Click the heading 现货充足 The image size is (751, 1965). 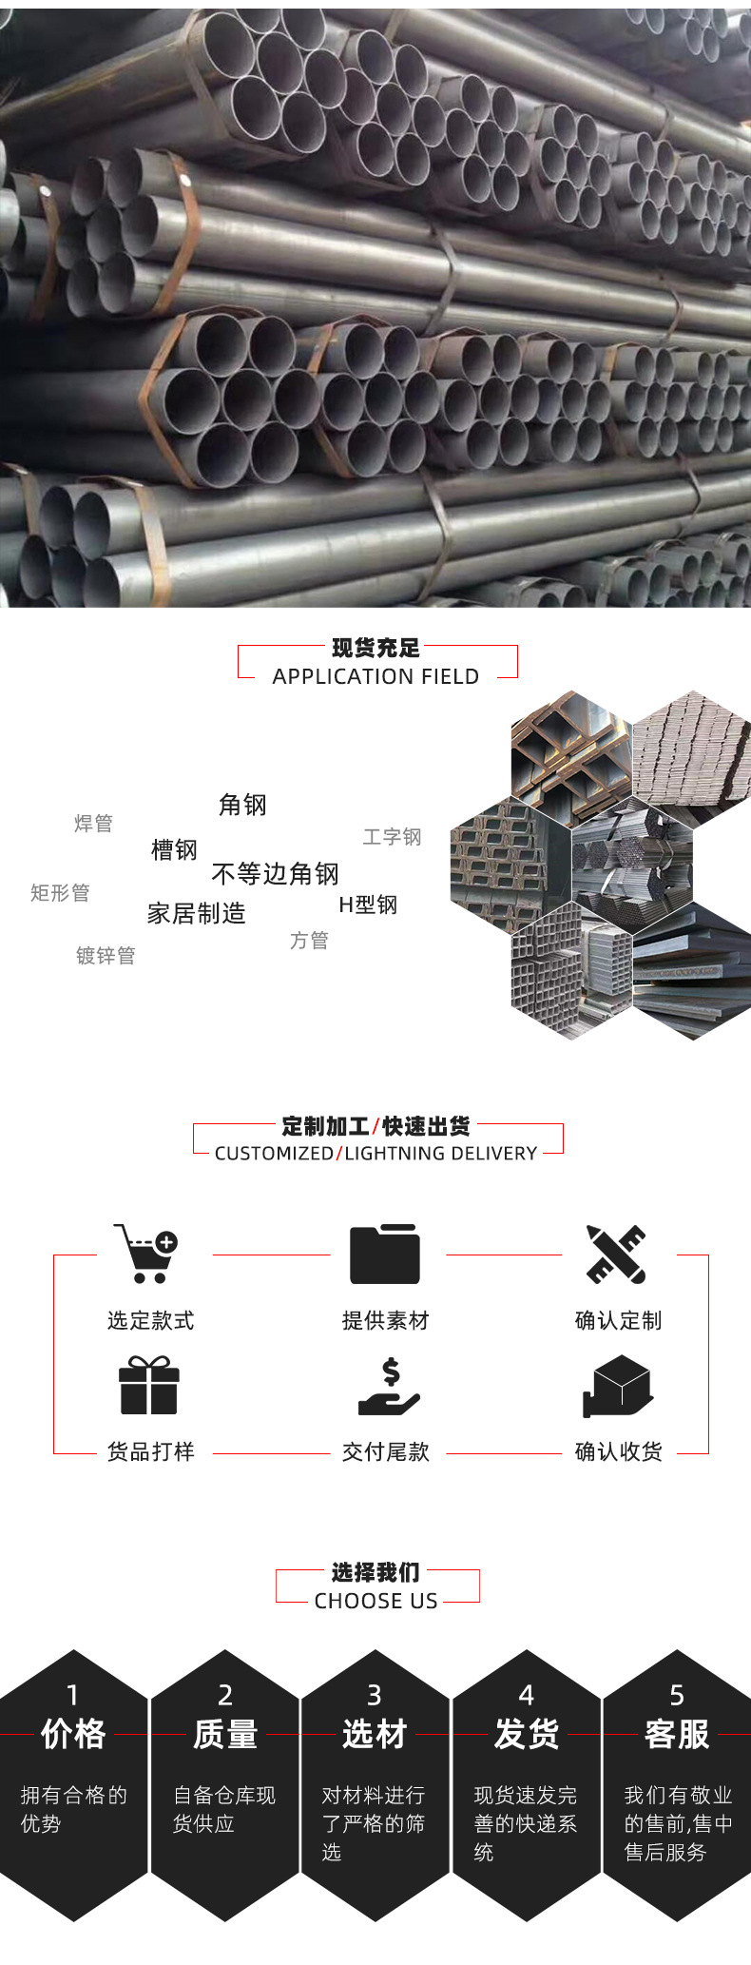click(x=375, y=649)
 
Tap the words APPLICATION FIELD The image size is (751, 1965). click(x=375, y=676)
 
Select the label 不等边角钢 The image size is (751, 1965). click(x=275, y=873)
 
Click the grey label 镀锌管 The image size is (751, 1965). click(x=106, y=956)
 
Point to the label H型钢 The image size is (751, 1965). click(x=368, y=905)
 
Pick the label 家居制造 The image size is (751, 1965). click(x=197, y=914)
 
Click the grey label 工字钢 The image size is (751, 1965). click(x=392, y=837)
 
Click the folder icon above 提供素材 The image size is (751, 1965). click(x=385, y=1255)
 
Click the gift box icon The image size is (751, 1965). click(x=149, y=1386)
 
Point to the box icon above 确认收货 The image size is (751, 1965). click(x=617, y=1386)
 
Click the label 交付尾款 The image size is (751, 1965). click(x=386, y=1451)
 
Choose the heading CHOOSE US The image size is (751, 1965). click(x=376, y=1601)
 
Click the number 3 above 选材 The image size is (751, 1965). click(x=375, y=1694)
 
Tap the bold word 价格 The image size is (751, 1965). click(x=73, y=1734)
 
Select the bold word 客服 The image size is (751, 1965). click(x=677, y=1734)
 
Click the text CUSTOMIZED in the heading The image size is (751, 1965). click(x=274, y=1153)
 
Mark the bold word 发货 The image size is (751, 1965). click(x=527, y=1734)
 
